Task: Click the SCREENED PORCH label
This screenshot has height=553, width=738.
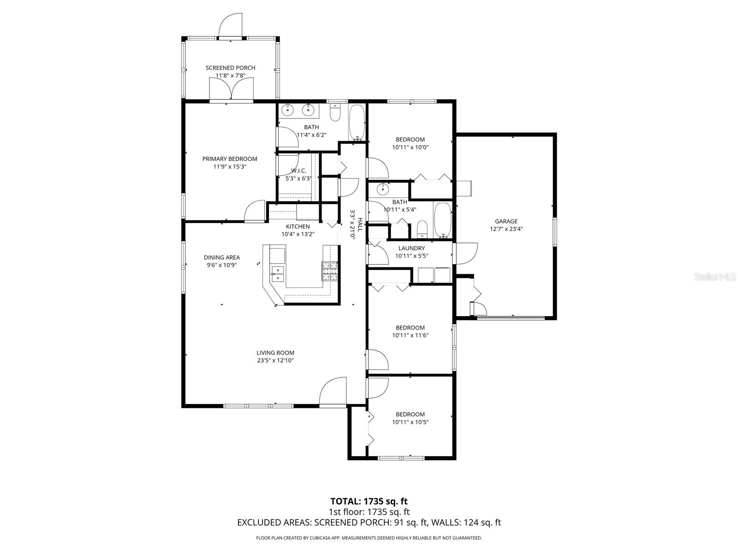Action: tap(230, 68)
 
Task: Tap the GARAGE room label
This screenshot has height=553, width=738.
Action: tap(506, 221)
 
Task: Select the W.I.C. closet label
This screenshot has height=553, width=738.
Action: tap(298, 171)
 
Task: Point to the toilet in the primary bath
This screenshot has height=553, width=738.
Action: tap(335, 112)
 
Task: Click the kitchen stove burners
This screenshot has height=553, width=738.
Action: tap(330, 271)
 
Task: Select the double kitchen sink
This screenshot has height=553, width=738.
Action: tap(278, 274)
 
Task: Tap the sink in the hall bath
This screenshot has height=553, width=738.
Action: tap(383, 189)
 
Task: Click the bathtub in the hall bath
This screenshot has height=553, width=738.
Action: tap(443, 220)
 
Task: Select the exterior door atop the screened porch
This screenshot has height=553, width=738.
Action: tap(230, 25)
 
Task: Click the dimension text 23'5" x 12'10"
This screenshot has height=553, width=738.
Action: tap(275, 360)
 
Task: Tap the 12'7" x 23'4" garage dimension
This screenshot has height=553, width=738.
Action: tap(506, 229)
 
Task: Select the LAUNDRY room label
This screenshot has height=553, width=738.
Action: tap(411, 248)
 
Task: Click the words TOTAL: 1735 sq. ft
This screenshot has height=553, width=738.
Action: tap(369, 501)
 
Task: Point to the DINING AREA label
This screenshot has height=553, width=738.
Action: tap(222, 258)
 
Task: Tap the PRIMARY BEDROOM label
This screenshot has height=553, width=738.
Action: tap(230, 159)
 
